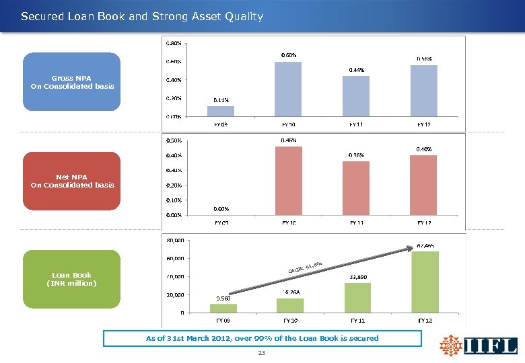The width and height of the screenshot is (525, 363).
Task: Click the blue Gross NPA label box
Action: click(72, 82)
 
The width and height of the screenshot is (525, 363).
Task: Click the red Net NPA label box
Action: click(72, 181)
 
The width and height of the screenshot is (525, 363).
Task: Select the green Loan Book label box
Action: click(72, 279)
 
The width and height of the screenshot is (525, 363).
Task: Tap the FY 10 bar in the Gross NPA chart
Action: click(288, 89)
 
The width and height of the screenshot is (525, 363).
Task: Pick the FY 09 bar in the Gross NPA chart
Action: click(221, 111)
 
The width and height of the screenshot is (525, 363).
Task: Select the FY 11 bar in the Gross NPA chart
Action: click(356, 96)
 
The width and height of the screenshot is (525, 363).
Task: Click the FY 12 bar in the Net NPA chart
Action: click(423, 185)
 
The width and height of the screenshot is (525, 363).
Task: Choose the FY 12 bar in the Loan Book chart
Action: click(425, 282)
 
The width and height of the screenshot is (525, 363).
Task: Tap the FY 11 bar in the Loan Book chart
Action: click(357, 297)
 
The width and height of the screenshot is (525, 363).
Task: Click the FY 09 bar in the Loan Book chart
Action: click(223, 308)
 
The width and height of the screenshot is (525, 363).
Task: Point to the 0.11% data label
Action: click(221, 100)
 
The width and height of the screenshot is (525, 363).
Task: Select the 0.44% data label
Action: click(356, 70)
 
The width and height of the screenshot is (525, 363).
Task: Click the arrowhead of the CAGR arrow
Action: click(413, 249)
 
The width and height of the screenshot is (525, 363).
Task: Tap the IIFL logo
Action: click(479, 346)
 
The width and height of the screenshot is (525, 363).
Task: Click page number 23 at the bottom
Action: click(262, 354)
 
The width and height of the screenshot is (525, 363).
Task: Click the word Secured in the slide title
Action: click(44, 16)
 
